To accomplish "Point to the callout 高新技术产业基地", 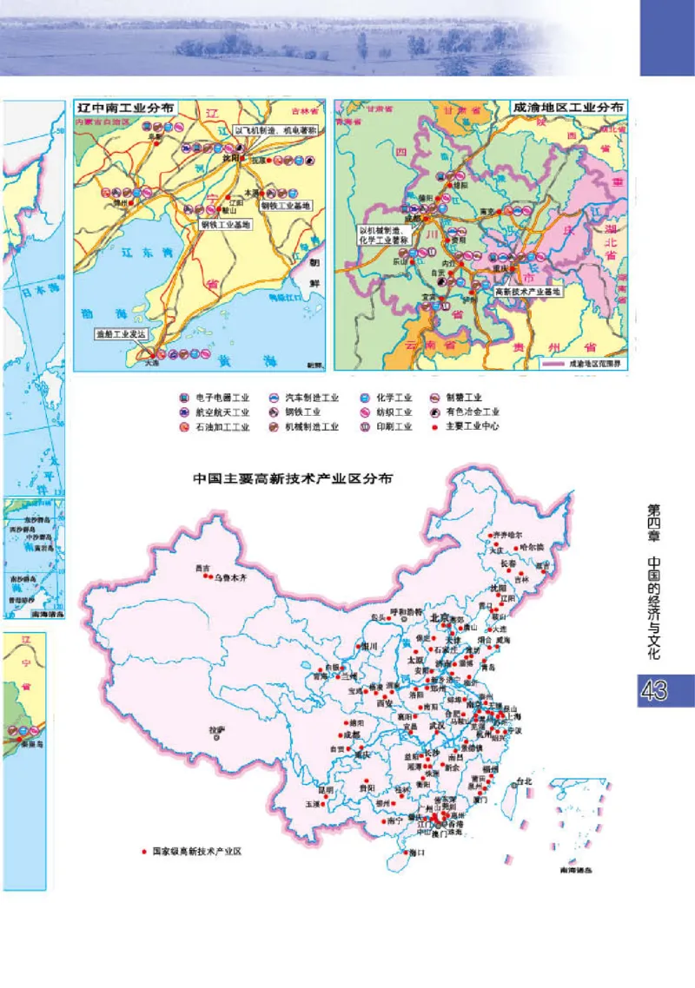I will (x=528, y=293).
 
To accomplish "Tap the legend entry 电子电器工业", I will (x=218, y=398).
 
